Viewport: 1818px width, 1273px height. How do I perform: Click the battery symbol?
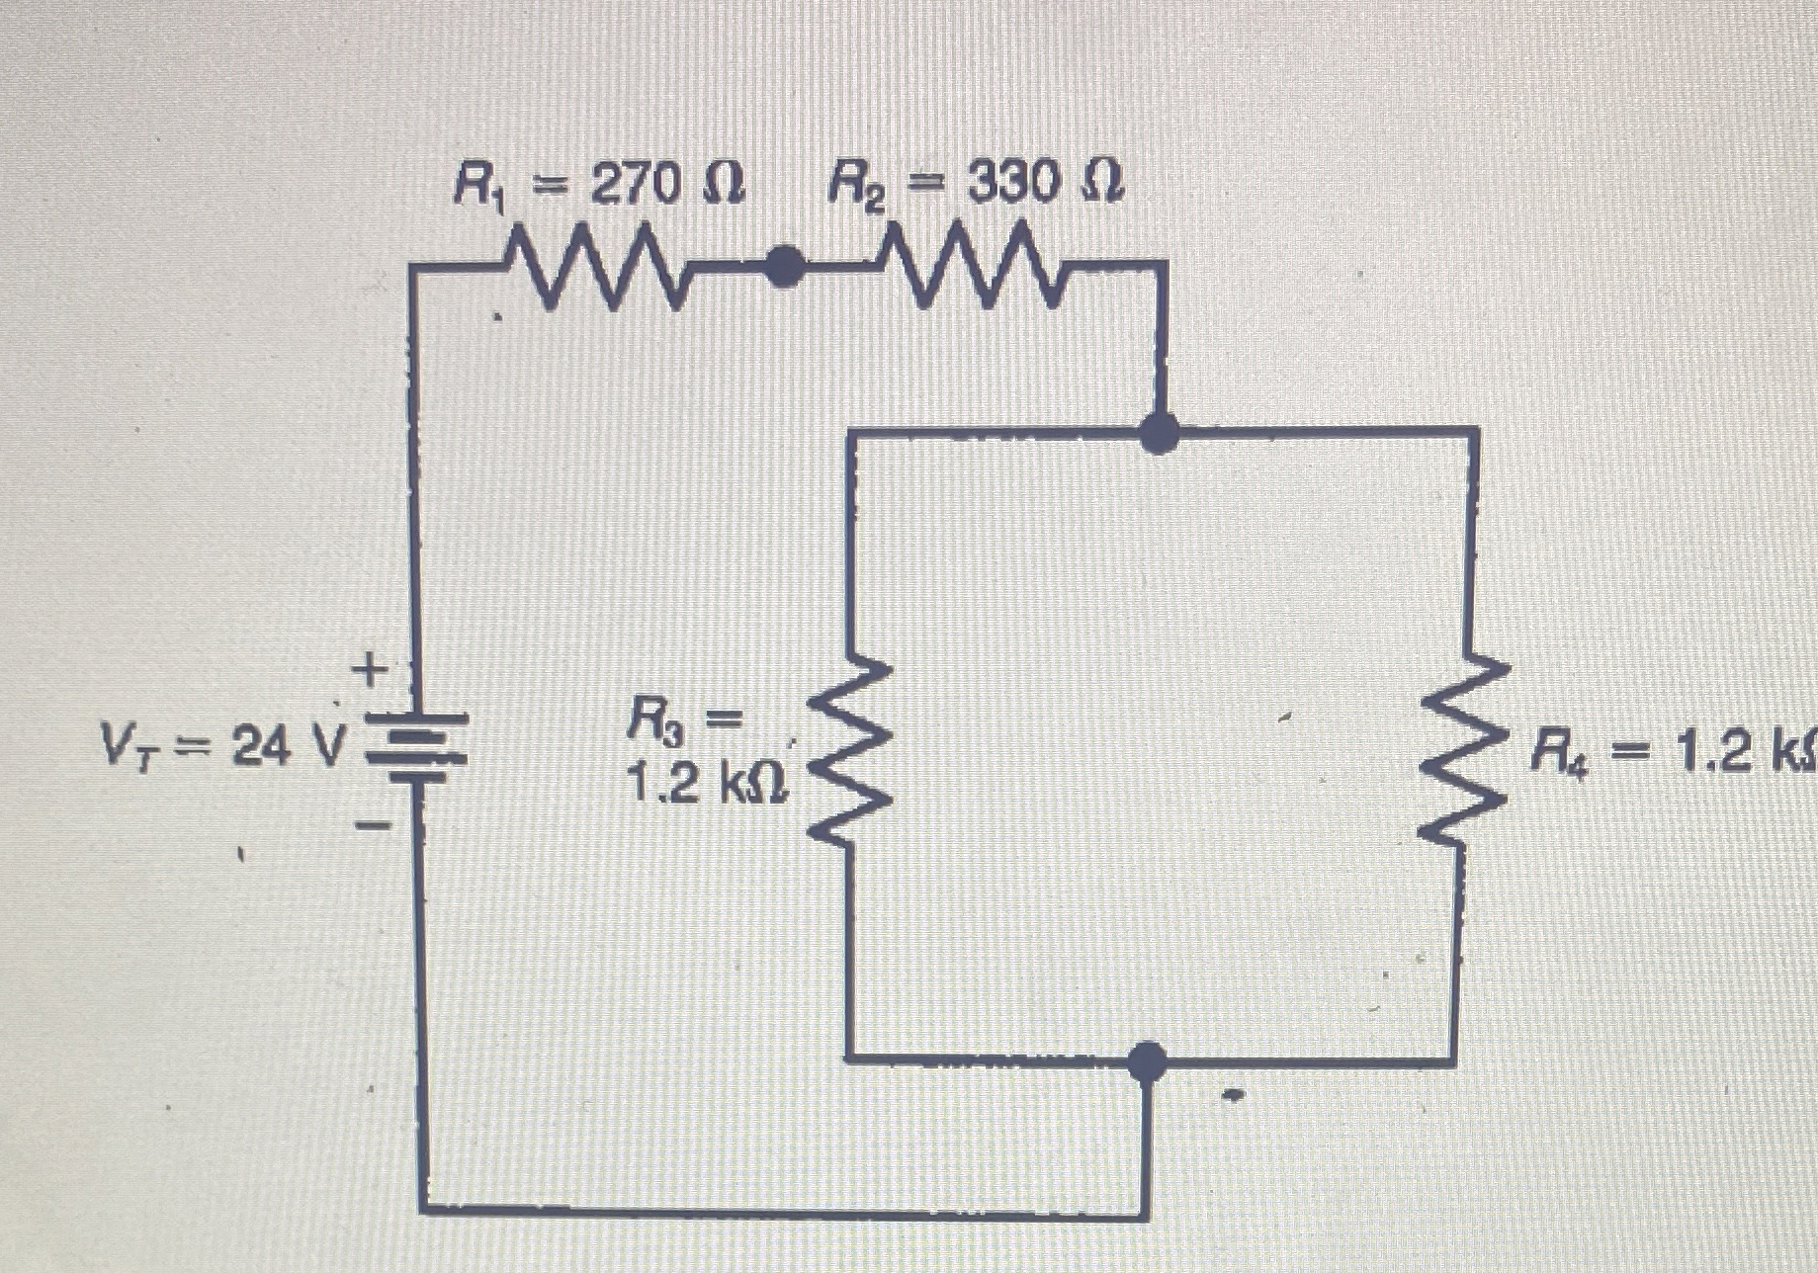point(415,748)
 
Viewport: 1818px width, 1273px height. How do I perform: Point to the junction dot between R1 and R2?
point(784,266)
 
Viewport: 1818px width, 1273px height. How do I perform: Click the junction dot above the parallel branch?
point(1159,432)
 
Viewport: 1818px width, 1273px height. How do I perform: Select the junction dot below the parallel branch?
point(1147,1062)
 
